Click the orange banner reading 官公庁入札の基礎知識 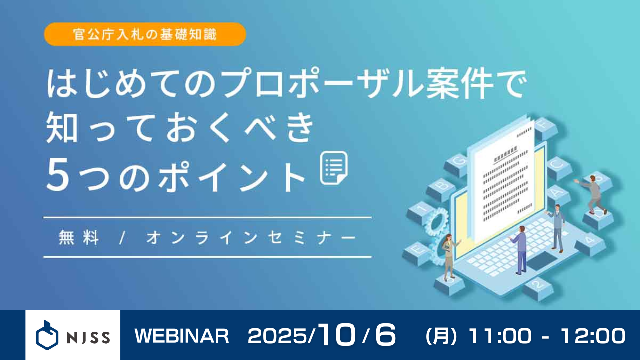click(145, 34)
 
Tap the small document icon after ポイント click(334, 169)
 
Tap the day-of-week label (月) click(441, 336)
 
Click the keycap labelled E click(416, 248)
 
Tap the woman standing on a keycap click(448, 256)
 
